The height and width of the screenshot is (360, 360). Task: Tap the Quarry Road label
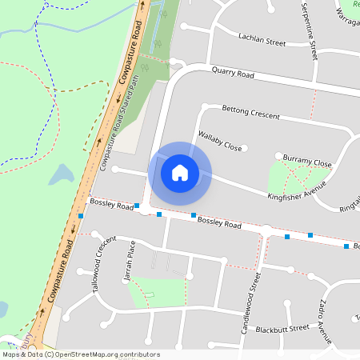(233, 73)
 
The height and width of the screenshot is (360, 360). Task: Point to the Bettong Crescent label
(250, 112)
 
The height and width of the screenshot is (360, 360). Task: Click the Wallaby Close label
(220, 140)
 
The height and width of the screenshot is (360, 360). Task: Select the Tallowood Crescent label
(100, 267)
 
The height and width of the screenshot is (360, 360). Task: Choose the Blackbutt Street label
(282, 328)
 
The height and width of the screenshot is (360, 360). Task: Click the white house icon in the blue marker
(180, 173)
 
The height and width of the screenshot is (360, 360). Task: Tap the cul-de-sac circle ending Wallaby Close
(245, 148)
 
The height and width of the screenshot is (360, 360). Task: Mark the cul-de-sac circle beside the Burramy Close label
(278, 155)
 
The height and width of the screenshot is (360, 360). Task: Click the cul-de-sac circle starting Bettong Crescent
(205, 106)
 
